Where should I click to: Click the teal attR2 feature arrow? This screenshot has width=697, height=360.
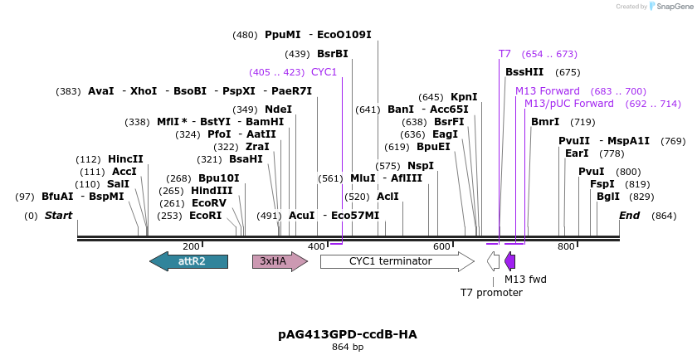[188, 261]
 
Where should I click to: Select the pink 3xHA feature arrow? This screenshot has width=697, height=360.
[280, 261]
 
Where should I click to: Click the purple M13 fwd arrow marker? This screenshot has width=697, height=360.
[509, 261]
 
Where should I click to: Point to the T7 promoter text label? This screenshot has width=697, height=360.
[491, 293]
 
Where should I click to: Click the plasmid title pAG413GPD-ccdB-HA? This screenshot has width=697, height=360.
[348, 334]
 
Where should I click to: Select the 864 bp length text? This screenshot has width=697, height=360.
[348, 347]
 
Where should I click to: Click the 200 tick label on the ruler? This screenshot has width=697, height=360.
[191, 246]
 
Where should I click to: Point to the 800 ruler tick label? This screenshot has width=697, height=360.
[566, 246]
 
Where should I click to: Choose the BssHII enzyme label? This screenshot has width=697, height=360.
[524, 72]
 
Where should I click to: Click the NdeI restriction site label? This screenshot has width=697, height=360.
[278, 109]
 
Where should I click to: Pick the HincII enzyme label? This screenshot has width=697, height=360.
[125, 159]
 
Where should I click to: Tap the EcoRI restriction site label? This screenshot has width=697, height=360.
[206, 215]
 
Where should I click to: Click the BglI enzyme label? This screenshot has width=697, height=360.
[608, 197]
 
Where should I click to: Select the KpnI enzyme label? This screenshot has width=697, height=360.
[464, 97]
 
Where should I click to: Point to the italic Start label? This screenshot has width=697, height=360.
[58, 216]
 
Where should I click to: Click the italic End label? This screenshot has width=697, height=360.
[630, 216]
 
